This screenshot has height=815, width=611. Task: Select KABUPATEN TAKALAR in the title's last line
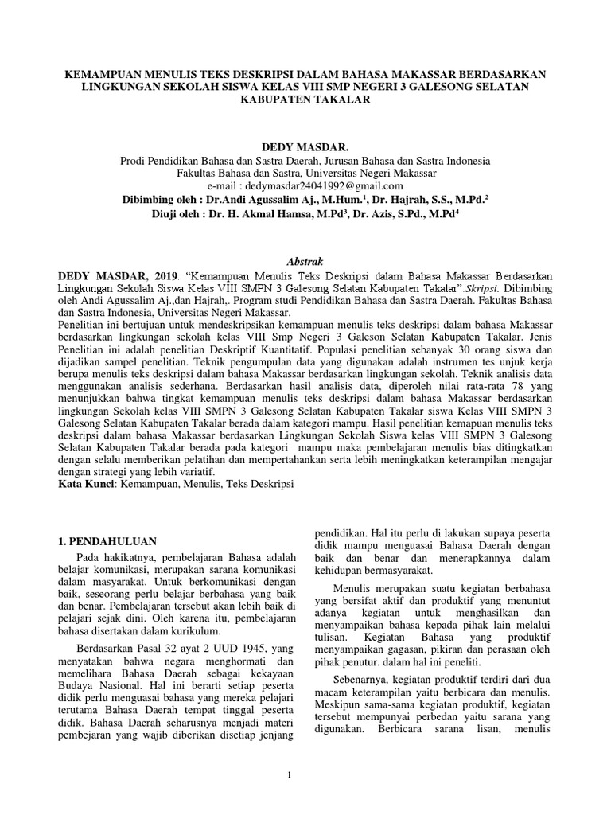(305, 100)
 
